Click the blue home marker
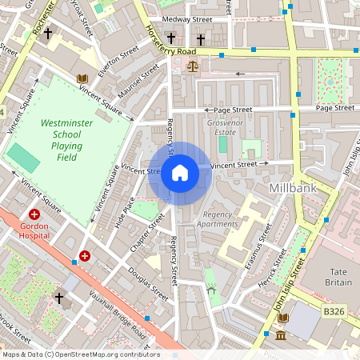(180, 172)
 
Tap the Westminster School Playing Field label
(72, 141)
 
